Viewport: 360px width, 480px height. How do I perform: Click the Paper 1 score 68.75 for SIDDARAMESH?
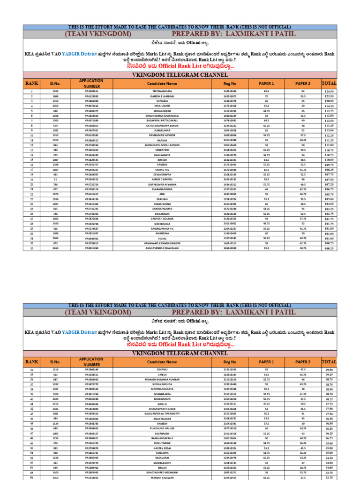click(x=266, y=111)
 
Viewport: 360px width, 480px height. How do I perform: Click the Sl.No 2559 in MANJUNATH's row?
click(x=56, y=106)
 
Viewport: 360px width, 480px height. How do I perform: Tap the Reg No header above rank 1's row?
click(x=230, y=83)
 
